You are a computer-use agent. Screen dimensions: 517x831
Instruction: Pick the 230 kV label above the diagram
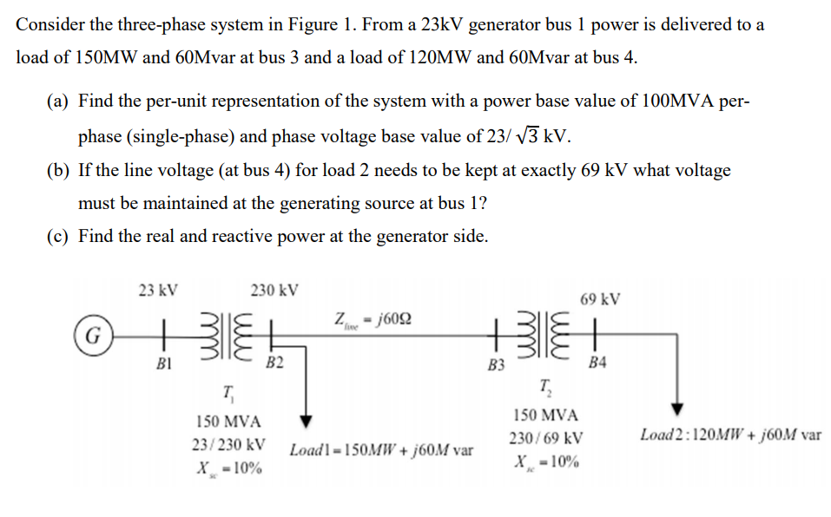[274, 290]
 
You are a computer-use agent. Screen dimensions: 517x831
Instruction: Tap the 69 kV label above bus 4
[600, 300]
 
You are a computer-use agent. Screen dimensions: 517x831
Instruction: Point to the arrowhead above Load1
[306, 422]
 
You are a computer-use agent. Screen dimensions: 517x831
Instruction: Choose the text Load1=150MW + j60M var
[381, 451]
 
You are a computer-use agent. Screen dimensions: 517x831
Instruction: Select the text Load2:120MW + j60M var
[729, 434]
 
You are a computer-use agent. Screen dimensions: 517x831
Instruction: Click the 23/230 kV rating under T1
[228, 445]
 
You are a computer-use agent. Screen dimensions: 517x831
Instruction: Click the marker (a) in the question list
[57, 101]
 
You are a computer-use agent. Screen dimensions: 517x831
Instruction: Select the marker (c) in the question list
[57, 236]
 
